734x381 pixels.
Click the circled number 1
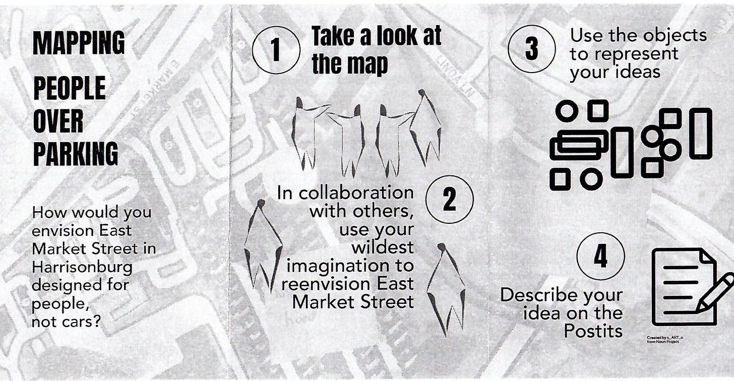coord(276,50)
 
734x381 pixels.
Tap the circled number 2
coord(449,199)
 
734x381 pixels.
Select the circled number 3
coord(531,48)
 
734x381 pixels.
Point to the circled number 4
coord(600,256)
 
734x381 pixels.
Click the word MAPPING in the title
coord(79,43)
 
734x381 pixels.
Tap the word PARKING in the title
coord(76,154)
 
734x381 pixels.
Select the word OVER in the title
coord(58,121)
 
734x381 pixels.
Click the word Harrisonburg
coord(82,268)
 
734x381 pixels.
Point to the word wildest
coord(383,247)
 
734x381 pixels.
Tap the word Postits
coord(593,331)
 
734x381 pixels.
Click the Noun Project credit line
coord(665,340)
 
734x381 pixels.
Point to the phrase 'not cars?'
coord(66,322)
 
